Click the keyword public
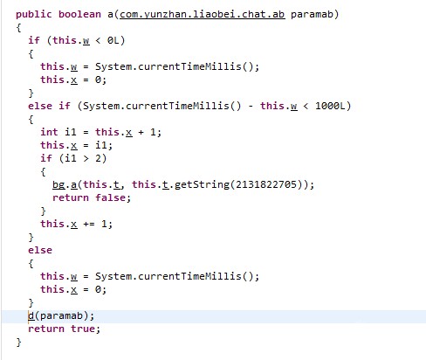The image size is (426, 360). [34, 14]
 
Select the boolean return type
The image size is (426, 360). [79, 14]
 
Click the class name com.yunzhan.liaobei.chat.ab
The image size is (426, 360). [202, 14]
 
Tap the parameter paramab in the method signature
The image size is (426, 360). [312, 14]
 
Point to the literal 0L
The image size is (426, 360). [113, 40]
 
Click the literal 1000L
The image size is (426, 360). [330, 106]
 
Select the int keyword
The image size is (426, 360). [49, 132]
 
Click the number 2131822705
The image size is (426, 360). [266, 184]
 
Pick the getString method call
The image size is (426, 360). [202, 184]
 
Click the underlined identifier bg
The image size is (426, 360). [58, 184]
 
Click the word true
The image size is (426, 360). [83, 329]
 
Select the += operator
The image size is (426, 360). [89, 224]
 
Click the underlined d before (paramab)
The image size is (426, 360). [31, 315]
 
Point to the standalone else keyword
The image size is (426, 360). [40, 250]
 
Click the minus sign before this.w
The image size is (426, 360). [251, 106]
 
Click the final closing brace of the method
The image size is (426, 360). [18, 342]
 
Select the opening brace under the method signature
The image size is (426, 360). [18, 28]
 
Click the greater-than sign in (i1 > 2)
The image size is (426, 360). [86, 158]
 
